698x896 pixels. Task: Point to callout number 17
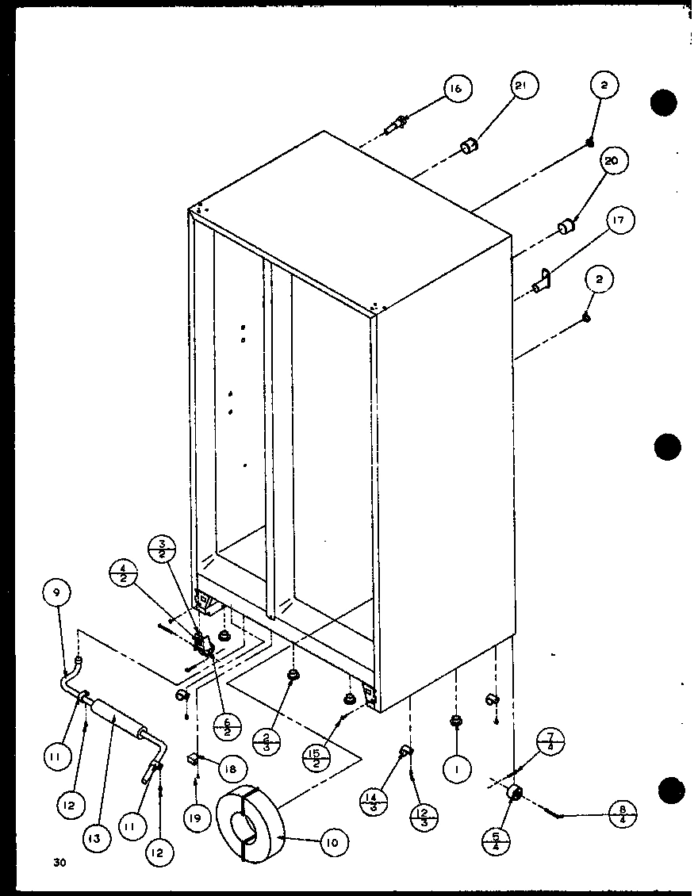[623, 222]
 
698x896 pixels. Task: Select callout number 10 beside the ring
[332, 843]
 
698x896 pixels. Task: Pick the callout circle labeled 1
[458, 767]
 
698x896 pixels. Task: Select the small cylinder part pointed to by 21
[470, 146]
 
